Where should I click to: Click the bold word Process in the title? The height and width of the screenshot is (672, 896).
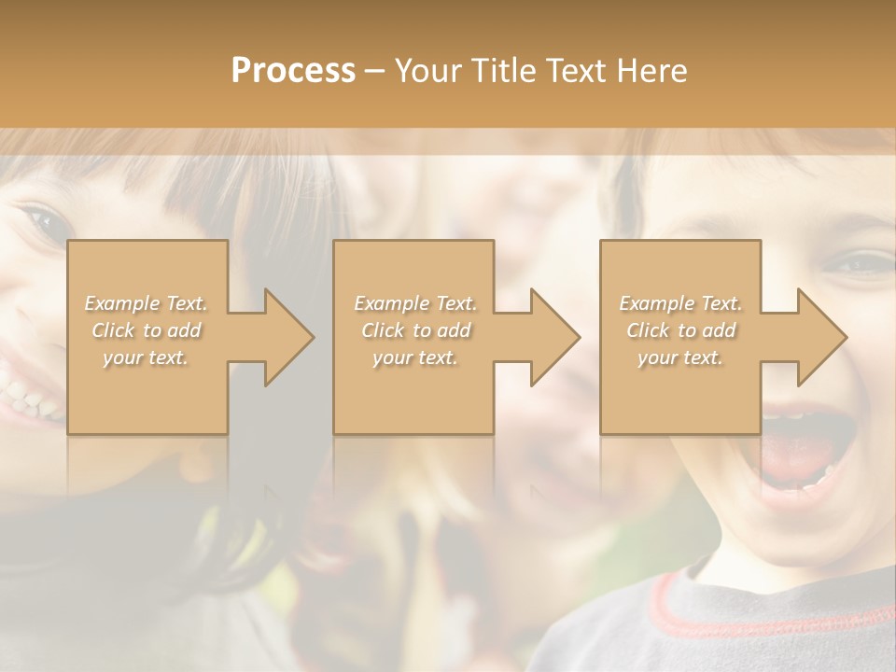pos(293,71)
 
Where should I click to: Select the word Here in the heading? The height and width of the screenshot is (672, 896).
pos(651,71)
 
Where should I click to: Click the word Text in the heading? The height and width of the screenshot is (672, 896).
pos(576,71)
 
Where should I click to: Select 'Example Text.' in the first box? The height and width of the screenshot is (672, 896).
pos(147,303)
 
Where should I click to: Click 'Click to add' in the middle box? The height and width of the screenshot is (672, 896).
pos(414,330)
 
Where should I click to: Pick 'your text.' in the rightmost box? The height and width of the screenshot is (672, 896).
pos(680,357)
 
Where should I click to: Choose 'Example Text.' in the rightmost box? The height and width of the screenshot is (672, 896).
pos(680,303)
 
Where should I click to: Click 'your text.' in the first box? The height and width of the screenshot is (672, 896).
pos(147,357)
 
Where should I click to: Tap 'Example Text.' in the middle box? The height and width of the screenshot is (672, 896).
pos(414,303)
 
